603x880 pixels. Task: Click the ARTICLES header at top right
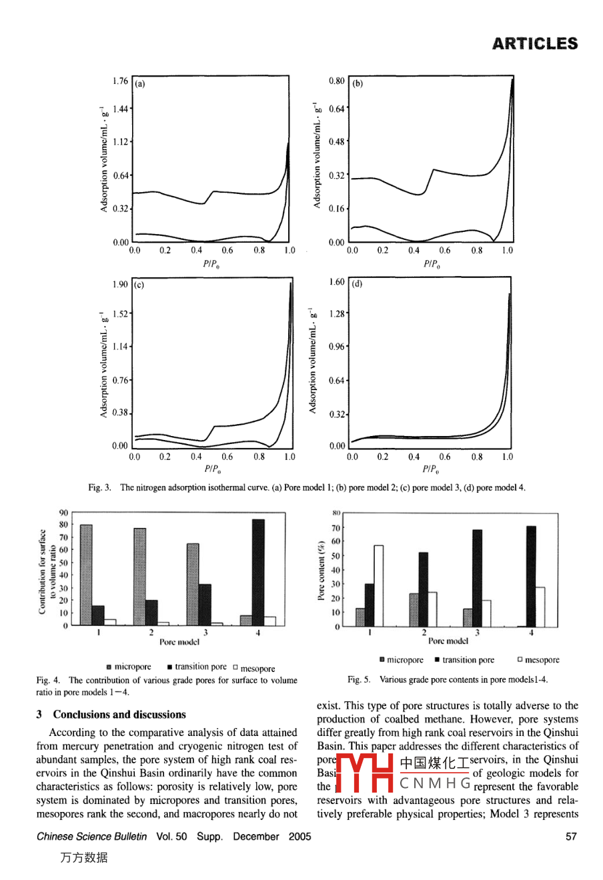(x=535, y=44)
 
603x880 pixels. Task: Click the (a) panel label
(x=140, y=84)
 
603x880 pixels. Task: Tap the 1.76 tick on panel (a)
(x=120, y=81)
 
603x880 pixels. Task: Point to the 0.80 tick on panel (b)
(x=336, y=81)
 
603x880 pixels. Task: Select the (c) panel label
(x=139, y=285)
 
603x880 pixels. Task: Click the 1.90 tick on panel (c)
(x=120, y=285)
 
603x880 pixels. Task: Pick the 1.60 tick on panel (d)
(x=337, y=282)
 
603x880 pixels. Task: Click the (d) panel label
(x=358, y=283)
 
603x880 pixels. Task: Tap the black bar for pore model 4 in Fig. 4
(x=258, y=572)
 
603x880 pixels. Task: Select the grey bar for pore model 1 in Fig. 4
(x=86, y=575)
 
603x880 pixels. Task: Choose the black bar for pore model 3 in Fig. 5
(x=477, y=578)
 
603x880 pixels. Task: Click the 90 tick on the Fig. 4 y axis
(x=63, y=513)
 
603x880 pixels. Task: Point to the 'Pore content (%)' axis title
(x=322, y=571)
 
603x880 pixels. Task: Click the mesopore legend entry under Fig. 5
(x=538, y=660)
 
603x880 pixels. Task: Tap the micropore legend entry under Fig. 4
(x=129, y=667)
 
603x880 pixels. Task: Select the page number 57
(x=571, y=837)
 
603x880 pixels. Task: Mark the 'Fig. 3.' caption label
(x=99, y=488)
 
